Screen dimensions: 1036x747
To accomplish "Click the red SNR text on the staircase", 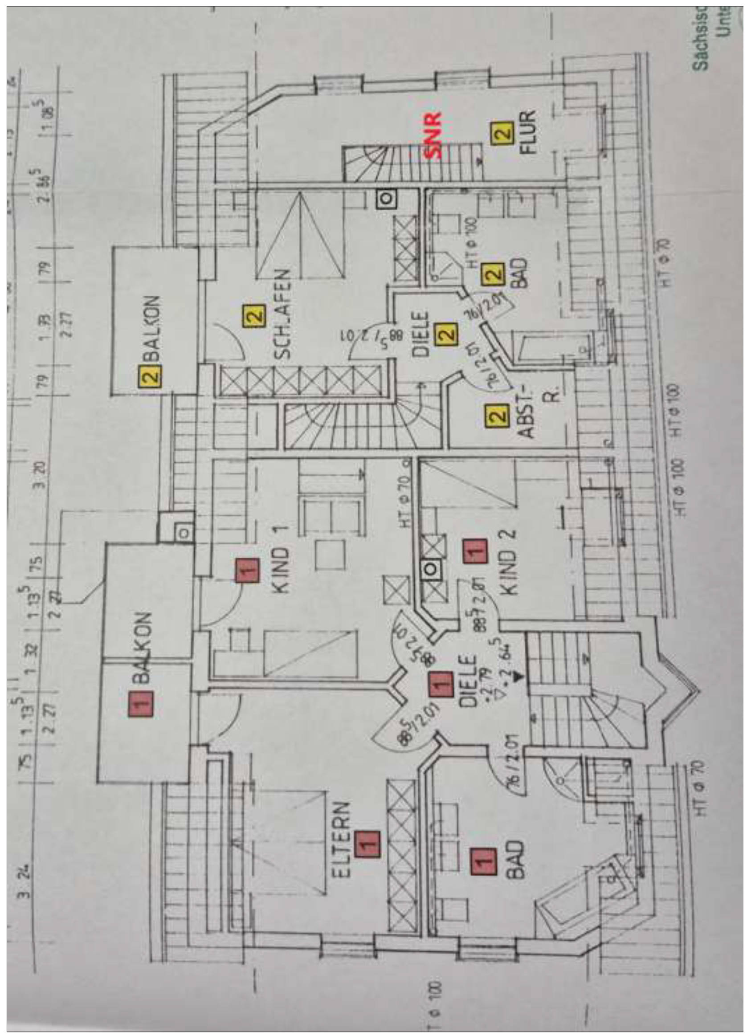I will pos(434,135).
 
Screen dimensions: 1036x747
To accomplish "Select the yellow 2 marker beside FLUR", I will pos(502,133).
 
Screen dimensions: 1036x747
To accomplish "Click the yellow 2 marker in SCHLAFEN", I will pos(254,316).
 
